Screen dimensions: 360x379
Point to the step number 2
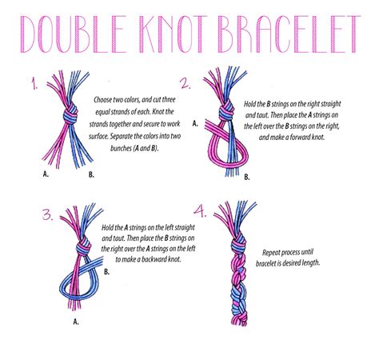pyautogui.click(x=186, y=83)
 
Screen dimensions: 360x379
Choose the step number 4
pyautogui.click(x=200, y=213)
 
